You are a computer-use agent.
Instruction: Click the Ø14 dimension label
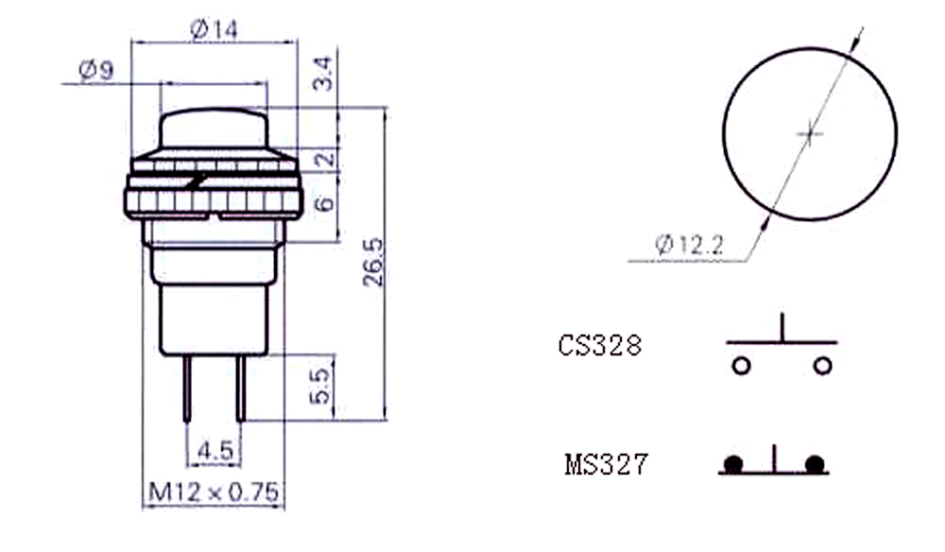pyautogui.click(x=214, y=29)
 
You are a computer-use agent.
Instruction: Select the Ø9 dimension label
pyautogui.click(x=95, y=71)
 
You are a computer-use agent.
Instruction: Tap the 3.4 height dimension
pyautogui.click(x=323, y=74)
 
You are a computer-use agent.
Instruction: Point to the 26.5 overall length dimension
pyautogui.click(x=373, y=262)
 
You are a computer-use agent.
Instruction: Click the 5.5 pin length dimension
pyautogui.click(x=319, y=386)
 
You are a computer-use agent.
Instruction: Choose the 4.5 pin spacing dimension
pyautogui.click(x=215, y=450)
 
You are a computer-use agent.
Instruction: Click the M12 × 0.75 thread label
pyautogui.click(x=214, y=492)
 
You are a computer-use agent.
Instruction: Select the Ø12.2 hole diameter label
pyautogui.click(x=689, y=245)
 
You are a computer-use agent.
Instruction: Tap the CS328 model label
pyautogui.click(x=600, y=346)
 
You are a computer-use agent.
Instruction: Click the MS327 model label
pyautogui.click(x=607, y=465)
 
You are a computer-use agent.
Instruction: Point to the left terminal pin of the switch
pyautogui.click(x=187, y=388)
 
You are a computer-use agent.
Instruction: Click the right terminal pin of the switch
pyautogui.click(x=240, y=388)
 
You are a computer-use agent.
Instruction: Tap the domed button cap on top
pyautogui.click(x=214, y=129)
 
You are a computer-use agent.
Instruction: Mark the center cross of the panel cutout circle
pyautogui.click(x=810, y=133)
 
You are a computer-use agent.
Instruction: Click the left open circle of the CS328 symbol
pyautogui.click(x=741, y=366)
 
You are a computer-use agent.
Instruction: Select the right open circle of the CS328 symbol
pyautogui.click(x=823, y=366)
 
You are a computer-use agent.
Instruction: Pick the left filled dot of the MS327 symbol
pyautogui.click(x=733, y=465)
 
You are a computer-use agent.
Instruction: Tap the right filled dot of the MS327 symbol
pyautogui.click(x=815, y=465)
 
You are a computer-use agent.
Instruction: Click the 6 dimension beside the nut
pyautogui.click(x=324, y=203)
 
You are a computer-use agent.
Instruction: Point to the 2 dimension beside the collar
pyautogui.click(x=325, y=159)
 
